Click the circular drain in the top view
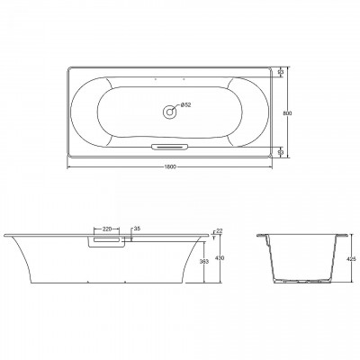coord(168,112)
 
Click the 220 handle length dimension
coord(108,229)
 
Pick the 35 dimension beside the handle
coord(136,229)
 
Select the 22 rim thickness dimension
coord(219,232)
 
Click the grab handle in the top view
coord(169,146)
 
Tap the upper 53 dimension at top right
coord(281,71)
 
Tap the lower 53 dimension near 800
coord(281,152)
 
